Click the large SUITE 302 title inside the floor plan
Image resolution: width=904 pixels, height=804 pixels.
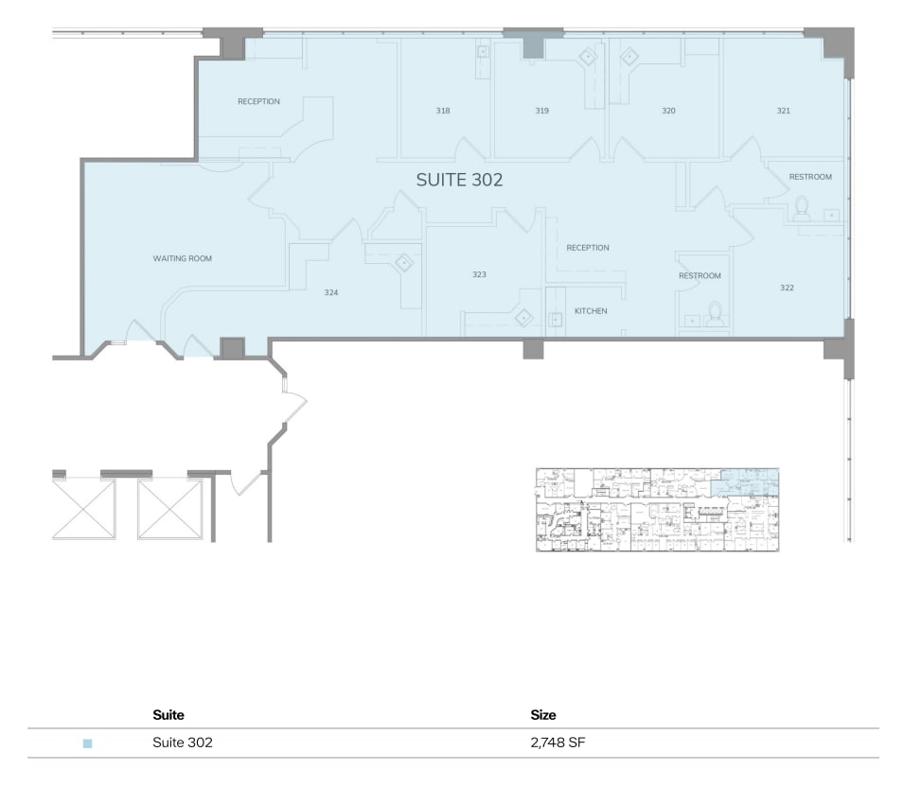click(x=459, y=180)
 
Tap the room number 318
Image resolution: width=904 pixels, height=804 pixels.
click(x=443, y=111)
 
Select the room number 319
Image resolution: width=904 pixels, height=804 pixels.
click(x=541, y=111)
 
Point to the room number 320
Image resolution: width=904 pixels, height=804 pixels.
click(x=668, y=111)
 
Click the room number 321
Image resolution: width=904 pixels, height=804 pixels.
click(x=783, y=111)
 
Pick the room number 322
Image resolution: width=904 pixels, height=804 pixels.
click(x=787, y=288)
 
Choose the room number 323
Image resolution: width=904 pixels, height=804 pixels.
click(x=479, y=274)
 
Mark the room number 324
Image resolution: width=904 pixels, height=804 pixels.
click(x=331, y=292)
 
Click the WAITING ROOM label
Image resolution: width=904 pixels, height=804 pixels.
click(x=183, y=258)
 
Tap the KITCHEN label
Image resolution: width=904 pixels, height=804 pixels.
click(x=591, y=311)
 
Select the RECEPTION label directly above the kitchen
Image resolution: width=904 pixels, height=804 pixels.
click(x=588, y=248)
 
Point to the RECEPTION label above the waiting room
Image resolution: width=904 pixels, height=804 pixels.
click(x=258, y=101)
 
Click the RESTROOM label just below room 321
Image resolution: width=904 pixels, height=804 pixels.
click(x=810, y=177)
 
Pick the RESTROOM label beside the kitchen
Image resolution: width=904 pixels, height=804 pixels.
click(x=700, y=276)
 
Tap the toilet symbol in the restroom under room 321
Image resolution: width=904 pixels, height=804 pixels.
click(x=802, y=207)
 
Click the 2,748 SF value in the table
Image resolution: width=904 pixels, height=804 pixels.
click(x=558, y=743)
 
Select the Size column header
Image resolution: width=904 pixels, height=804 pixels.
click(x=543, y=715)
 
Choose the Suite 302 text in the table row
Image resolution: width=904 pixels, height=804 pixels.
click(x=183, y=743)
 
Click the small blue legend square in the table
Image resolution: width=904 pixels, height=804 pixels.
click(x=88, y=743)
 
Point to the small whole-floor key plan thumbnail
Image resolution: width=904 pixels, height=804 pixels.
click(x=657, y=510)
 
